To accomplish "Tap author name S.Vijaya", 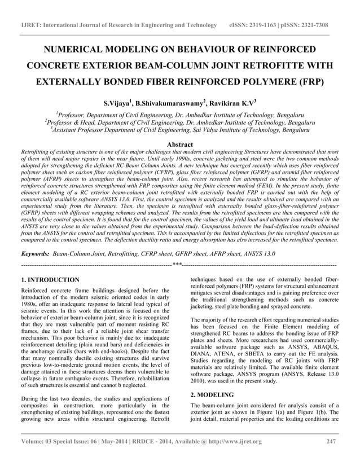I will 116,104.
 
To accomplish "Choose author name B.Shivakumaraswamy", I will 169,104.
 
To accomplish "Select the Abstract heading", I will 180,144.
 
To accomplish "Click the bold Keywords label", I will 34,254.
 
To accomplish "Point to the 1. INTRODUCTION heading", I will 50,280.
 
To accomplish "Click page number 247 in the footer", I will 332,441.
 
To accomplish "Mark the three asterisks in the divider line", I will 177,264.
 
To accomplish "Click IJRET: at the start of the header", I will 30,25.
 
